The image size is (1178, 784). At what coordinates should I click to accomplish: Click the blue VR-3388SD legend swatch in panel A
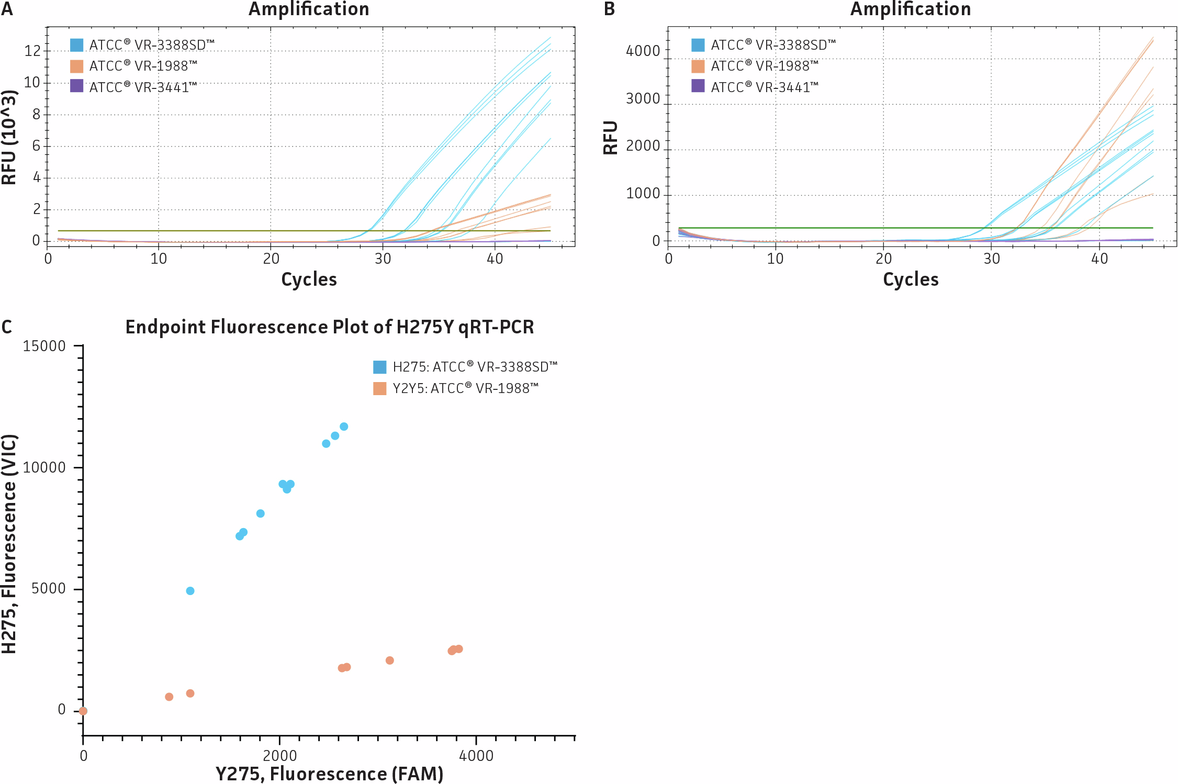click(76, 45)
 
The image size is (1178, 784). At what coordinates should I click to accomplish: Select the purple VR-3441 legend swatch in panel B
click(698, 86)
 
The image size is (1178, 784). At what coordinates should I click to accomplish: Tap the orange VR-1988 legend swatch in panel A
click(76, 66)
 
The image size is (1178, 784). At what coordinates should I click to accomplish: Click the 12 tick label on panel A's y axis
click(32, 51)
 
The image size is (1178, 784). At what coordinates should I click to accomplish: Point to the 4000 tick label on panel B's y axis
click(643, 51)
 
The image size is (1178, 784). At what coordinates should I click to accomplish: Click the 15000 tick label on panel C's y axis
click(44, 346)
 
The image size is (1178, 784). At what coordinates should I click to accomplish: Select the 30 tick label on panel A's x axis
click(383, 259)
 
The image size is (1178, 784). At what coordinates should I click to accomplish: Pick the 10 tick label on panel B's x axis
click(775, 259)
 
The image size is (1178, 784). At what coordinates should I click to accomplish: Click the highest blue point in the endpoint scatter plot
click(344, 427)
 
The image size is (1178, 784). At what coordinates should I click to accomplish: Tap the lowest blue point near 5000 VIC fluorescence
click(190, 591)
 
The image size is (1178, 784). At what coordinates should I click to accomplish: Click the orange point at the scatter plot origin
click(83, 711)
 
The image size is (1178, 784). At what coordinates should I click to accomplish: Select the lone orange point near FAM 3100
click(389, 660)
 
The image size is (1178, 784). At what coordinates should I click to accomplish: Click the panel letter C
click(6, 327)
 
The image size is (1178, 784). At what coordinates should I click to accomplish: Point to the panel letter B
click(609, 9)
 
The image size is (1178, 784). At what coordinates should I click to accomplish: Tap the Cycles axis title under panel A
click(309, 279)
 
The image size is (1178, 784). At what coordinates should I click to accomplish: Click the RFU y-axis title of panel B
click(611, 138)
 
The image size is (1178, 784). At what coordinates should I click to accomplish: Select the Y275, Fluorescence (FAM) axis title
click(329, 774)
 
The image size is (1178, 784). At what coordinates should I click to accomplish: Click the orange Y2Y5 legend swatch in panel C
click(379, 388)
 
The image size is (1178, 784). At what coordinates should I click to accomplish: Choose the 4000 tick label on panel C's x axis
click(476, 756)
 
